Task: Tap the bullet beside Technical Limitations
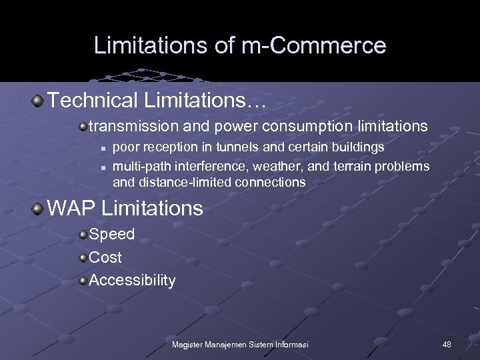tap(38, 101)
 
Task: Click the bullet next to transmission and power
tap(83, 126)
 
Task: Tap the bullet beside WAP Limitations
tap(38, 208)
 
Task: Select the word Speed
tap(111, 234)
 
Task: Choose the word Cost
tap(105, 257)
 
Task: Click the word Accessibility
tap(132, 281)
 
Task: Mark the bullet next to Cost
tap(83, 257)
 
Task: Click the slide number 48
tap(447, 345)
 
